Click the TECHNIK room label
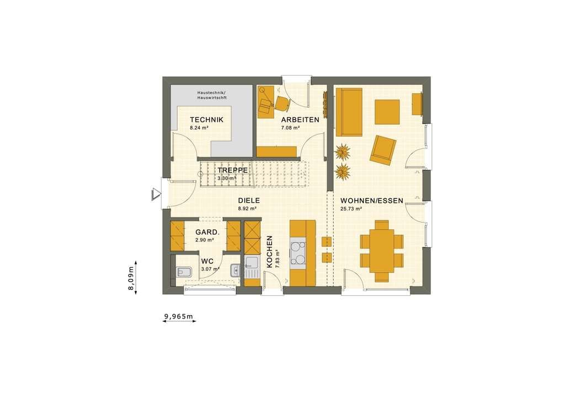[206, 120]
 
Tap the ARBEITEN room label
[300, 120]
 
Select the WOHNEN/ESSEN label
[371, 201]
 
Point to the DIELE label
[249, 201]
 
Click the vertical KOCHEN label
[269, 251]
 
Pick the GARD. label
[205, 232]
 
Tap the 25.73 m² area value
[351, 209]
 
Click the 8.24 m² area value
[200, 128]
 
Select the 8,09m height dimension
[132, 278]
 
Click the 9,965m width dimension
[179, 316]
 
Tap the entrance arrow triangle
[156, 193]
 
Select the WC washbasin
[235, 270]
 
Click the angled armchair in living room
[383, 150]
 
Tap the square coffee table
[387, 112]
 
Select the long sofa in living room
[349, 112]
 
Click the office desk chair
[283, 103]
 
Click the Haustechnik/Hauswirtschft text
[212, 95]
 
